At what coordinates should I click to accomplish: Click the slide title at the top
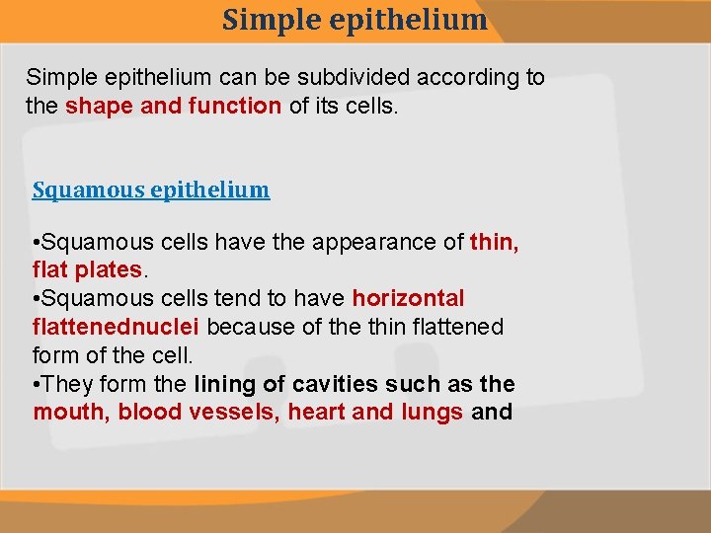pos(355,20)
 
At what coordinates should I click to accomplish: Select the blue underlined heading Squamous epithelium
pos(151,190)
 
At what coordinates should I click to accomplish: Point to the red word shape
pos(100,106)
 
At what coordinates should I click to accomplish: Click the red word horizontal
pos(408,298)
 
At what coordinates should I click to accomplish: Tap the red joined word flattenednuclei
pos(118,327)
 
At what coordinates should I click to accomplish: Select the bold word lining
pos(228,384)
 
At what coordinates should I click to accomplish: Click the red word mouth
pos(70,412)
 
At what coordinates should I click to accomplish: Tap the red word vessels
pos(234,412)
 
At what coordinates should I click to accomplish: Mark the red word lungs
pos(431,412)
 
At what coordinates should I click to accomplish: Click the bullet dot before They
pos(38,384)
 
